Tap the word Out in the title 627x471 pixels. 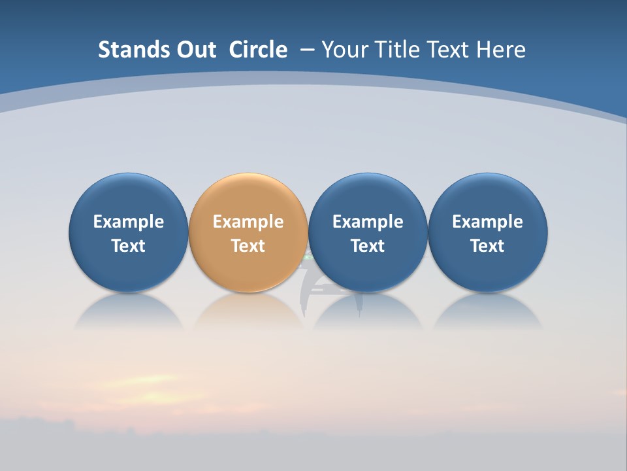coord(195,50)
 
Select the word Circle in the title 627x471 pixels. coord(258,50)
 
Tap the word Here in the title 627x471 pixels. coord(502,50)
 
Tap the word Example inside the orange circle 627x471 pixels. coord(248,222)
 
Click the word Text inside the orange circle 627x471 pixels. coord(248,246)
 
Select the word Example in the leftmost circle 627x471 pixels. coord(128,222)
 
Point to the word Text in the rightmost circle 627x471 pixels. coord(487,246)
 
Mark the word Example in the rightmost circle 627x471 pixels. coord(487,222)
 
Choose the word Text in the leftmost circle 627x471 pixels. coord(128,246)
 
